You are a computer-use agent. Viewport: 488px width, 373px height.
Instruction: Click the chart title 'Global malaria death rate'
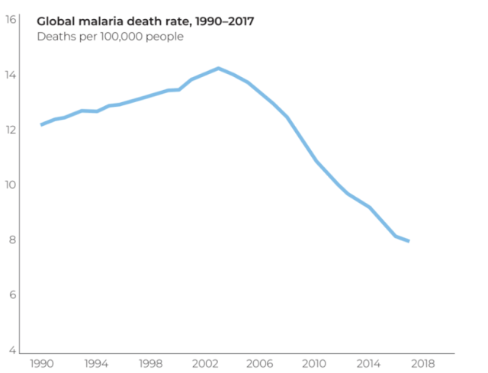(x=146, y=21)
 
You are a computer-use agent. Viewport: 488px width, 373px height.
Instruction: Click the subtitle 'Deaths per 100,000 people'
(x=110, y=36)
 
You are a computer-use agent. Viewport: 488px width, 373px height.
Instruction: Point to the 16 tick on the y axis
(x=11, y=20)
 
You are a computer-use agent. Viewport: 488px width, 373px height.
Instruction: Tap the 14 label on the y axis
(x=11, y=75)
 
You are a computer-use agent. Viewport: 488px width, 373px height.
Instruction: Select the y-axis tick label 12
(x=11, y=130)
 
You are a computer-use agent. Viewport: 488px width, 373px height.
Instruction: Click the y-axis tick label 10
(x=11, y=185)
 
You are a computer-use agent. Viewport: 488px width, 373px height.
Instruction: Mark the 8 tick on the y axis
(x=11, y=240)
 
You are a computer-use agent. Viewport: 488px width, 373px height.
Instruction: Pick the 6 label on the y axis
(x=11, y=294)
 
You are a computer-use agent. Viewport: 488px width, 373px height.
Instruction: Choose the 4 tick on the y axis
(x=11, y=350)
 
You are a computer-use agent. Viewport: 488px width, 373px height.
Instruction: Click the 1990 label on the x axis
(x=42, y=364)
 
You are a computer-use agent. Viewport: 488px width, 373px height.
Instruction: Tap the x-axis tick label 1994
(x=96, y=364)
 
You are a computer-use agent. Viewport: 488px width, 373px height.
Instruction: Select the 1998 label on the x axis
(x=151, y=364)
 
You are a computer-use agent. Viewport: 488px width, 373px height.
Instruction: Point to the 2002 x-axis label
(x=206, y=364)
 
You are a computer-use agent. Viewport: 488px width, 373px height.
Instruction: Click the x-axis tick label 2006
(x=260, y=364)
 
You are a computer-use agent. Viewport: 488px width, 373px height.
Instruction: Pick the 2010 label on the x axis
(x=315, y=364)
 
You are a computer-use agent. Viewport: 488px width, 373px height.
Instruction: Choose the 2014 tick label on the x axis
(x=369, y=364)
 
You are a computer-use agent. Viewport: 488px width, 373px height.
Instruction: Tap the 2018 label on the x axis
(x=424, y=364)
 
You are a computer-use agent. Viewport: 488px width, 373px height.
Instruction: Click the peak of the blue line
(x=219, y=69)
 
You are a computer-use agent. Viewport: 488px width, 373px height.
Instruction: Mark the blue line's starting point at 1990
(x=42, y=124)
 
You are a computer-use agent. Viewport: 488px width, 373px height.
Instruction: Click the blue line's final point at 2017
(x=409, y=241)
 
